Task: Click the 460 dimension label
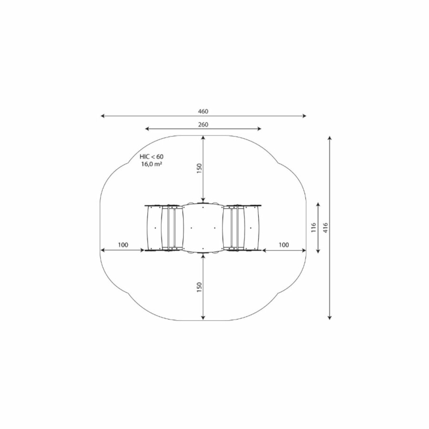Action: point(203,112)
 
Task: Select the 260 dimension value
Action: point(203,124)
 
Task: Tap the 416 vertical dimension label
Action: point(325,228)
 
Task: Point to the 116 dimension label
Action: point(314,228)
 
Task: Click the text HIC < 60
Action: point(152,156)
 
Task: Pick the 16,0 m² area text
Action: point(151,164)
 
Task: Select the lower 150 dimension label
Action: point(199,287)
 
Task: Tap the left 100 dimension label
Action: point(123,245)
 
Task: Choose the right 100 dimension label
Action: point(284,245)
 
